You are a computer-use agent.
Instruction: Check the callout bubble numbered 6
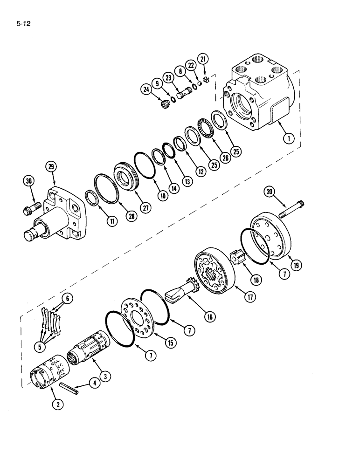pyautogui.click(x=68, y=300)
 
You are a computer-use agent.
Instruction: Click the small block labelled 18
pyautogui.click(x=237, y=257)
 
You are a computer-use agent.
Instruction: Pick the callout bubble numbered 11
pyautogui.click(x=112, y=222)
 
